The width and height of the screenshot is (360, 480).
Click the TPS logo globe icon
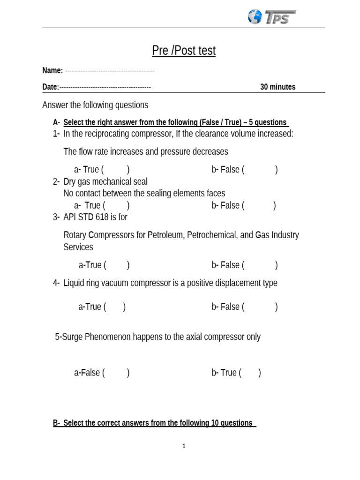[x=255, y=17]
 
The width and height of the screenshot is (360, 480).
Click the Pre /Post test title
[x=184, y=51]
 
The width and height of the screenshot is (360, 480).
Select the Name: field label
[x=52, y=71]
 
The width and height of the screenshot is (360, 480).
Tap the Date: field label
[x=51, y=87]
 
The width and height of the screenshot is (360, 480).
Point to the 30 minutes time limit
[x=277, y=87]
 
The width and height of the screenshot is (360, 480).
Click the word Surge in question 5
[x=72, y=337]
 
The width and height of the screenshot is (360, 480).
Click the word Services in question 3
[x=78, y=247]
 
